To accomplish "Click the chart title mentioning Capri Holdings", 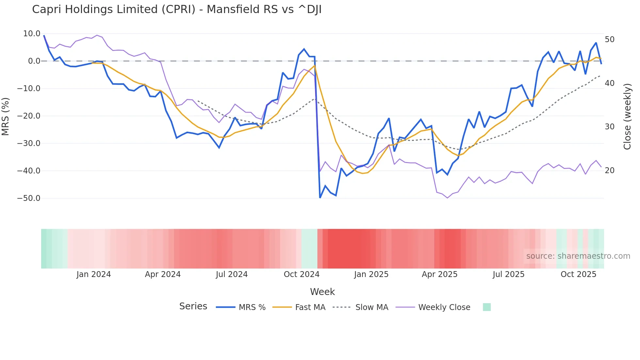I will (177, 9).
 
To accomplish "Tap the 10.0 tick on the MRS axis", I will (32, 34).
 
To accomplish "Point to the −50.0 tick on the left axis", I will (29, 198).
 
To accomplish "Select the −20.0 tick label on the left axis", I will (29, 116).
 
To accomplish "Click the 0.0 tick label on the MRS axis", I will (34, 61).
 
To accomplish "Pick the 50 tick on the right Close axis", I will (610, 40).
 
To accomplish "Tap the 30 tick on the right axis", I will (610, 127).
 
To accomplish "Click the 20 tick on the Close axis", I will (610, 171).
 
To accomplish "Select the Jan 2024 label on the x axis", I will (94, 274).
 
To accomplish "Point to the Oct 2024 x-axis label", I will (301, 274).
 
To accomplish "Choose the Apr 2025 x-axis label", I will (440, 274).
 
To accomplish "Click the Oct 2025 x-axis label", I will (578, 274).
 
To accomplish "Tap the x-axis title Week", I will (322, 292).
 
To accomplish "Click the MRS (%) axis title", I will (6, 116).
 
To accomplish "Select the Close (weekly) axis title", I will (627, 117).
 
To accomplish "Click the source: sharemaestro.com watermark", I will (578, 256).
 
